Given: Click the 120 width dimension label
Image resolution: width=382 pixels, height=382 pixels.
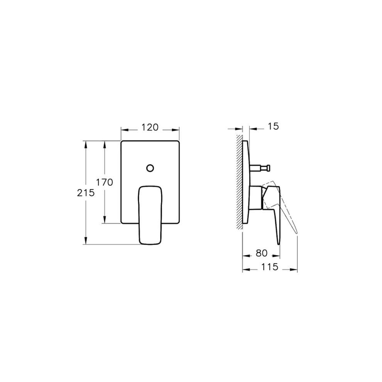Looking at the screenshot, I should point(150,127).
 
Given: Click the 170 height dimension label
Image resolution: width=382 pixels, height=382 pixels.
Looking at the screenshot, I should point(105,182).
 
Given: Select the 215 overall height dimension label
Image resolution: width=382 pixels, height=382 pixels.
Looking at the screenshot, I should point(86,193).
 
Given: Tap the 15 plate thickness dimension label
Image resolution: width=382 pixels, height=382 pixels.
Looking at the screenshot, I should point(273,126).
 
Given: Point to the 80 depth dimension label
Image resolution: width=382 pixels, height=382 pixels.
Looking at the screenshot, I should point(261,253).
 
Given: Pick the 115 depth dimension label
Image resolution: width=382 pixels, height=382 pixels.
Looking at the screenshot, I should point(270,267).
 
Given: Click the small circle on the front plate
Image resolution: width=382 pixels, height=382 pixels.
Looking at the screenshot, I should point(150,168).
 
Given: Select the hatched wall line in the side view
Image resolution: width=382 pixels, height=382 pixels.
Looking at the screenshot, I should point(240,181).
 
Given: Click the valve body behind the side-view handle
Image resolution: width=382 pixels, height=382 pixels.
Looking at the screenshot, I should point(255,198).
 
